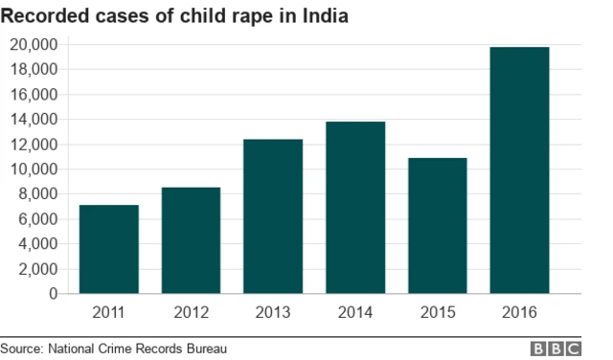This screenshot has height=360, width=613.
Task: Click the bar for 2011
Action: tap(108, 249)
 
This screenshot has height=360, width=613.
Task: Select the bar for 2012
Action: tap(191, 240)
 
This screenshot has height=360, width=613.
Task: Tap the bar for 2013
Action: tap(273, 216)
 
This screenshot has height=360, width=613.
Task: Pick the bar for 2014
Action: tap(354, 208)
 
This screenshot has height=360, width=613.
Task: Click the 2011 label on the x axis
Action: tap(108, 312)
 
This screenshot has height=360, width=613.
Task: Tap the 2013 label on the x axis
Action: tap(273, 312)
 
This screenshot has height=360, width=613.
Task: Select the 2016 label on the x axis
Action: tap(519, 312)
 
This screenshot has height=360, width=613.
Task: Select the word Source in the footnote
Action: tap(22, 349)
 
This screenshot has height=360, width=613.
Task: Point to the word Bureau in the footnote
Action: tap(207, 349)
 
